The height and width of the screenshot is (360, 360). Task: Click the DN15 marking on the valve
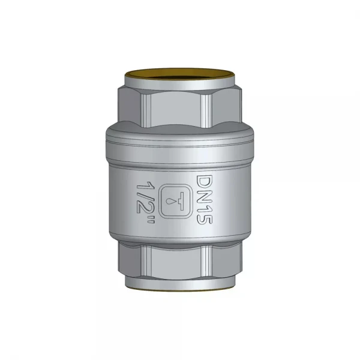[x=205, y=199]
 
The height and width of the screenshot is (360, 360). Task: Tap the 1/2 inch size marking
[x=146, y=202]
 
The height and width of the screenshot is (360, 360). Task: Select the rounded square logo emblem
[x=176, y=201]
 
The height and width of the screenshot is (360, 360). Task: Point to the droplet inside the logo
[x=170, y=201]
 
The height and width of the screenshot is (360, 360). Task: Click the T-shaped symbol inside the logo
[x=181, y=201]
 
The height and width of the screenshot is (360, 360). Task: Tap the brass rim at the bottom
[x=180, y=289]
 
